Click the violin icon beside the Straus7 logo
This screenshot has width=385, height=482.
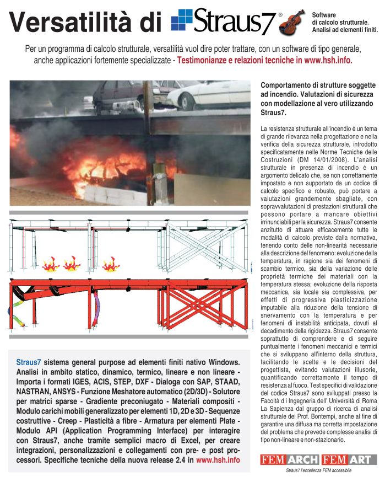tap(291, 22)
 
